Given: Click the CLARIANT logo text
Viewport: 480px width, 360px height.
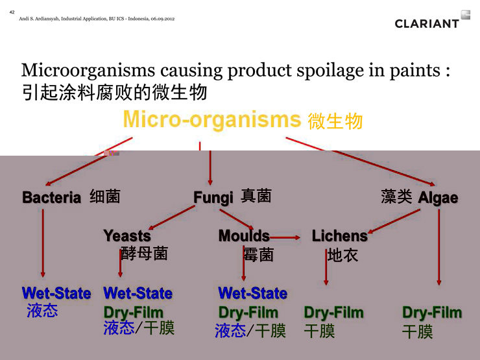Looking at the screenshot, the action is point(427,24).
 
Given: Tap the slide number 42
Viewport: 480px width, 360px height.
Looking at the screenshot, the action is point(12,12).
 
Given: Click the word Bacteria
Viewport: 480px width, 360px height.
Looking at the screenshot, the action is point(52,197).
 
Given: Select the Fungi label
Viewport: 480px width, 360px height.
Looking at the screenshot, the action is point(213,198).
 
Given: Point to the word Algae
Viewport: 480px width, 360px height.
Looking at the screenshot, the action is point(438,198).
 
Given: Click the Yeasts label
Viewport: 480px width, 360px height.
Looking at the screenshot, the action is point(127,235).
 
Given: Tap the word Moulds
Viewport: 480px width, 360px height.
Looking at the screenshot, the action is point(244,235).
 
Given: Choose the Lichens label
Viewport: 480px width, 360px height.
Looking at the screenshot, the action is point(339,236).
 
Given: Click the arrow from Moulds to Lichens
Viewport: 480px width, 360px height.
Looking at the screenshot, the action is point(285,237).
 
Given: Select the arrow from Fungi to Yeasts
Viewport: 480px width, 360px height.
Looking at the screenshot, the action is point(172,217).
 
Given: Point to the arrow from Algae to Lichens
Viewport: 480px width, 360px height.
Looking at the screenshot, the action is point(394,221).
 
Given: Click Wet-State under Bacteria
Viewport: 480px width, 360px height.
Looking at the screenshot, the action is point(56,293).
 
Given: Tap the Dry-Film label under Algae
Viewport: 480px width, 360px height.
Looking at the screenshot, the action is point(432,313).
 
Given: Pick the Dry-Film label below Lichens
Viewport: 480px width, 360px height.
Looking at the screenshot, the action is point(333,313).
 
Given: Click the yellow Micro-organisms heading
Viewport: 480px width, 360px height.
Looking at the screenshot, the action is point(212,119).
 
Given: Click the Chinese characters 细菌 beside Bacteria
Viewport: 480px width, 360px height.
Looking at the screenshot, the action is point(104,197).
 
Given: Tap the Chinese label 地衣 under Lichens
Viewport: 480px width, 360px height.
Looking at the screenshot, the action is point(342,255).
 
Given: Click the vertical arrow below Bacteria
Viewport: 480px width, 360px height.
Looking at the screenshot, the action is point(43,243).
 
